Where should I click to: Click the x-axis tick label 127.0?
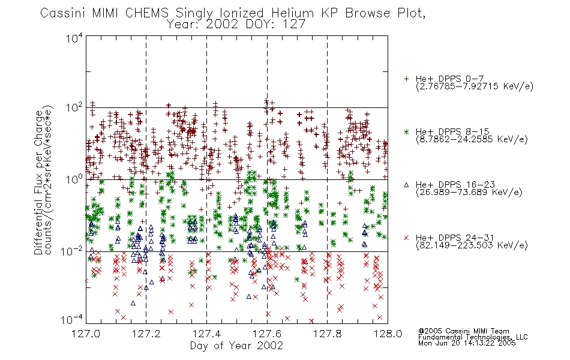[86, 334]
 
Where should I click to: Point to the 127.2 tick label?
[146, 334]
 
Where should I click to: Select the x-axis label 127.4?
[206, 334]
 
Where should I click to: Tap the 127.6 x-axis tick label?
[267, 334]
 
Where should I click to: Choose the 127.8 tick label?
[327, 334]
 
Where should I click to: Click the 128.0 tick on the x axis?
[388, 334]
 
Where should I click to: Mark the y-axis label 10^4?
[74, 38]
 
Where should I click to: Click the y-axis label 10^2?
[74, 108]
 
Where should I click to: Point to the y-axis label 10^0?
[74, 179]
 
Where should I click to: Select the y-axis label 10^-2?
[73, 251]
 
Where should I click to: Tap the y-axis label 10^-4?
[73, 320]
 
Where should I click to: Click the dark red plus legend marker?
[406, 79]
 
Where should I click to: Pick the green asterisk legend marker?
[406, 131]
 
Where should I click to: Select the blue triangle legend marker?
[406, 185]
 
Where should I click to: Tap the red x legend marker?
[406, 238]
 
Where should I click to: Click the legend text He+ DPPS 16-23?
[455, 185]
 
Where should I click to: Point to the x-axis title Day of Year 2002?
[236, 346]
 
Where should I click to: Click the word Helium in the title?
[292, 13]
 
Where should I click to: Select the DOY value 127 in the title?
[292, 25]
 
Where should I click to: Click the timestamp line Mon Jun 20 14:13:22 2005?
[467, 343]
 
